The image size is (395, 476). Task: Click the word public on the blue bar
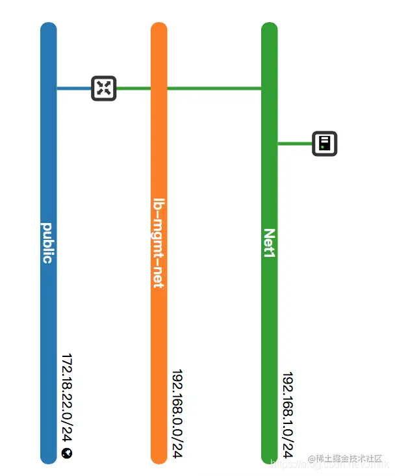click(47, 243)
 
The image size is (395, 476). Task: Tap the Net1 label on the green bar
click(269, 243)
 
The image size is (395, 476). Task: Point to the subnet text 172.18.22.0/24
click(67, 399)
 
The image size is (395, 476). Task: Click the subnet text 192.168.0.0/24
click(177, 415)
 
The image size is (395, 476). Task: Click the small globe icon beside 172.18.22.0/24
click(67, 454)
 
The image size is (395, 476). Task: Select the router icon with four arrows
click(103, 88)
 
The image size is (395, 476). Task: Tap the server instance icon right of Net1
click(324, 143)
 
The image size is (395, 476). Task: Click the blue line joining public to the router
click(74, 88)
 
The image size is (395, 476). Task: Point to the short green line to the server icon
click(295, 143)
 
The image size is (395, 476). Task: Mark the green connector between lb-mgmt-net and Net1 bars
click(214, 88)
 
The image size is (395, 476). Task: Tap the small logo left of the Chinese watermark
click(312, 459)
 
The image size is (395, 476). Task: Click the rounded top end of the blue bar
click(49, 29)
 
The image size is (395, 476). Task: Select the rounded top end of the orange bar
click(159, 29)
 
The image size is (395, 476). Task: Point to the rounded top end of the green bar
click(270, 29)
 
